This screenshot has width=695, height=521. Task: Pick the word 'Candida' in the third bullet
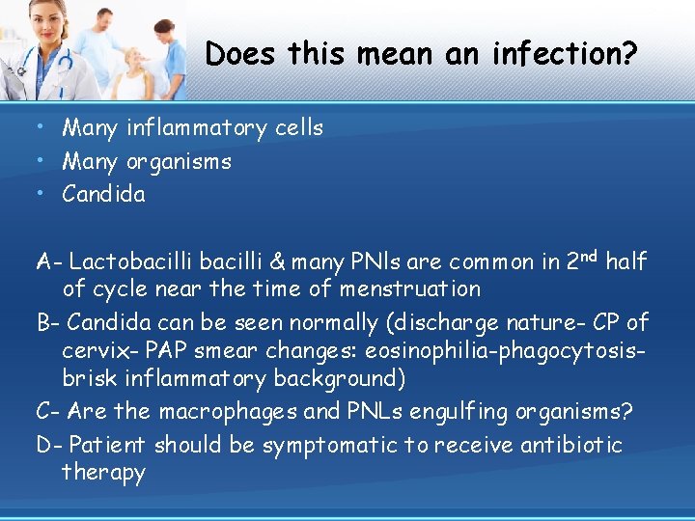(103, 194)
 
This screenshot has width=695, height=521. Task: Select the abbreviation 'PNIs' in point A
(378, 261)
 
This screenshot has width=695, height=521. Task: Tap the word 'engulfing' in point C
(449, 412)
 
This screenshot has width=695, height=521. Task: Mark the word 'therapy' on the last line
(103, 473)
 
